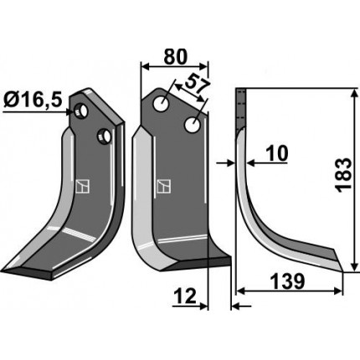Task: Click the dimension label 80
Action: point(175,57)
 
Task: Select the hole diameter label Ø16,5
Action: point(33,100)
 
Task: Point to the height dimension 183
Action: point(343,175)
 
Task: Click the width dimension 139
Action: point(287,281)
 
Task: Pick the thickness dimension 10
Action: point(276,154)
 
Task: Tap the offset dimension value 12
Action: point(185,296)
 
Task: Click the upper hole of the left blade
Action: point(80,111)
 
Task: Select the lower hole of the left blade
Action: point(104,136)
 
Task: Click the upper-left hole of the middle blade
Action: point(161,104)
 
